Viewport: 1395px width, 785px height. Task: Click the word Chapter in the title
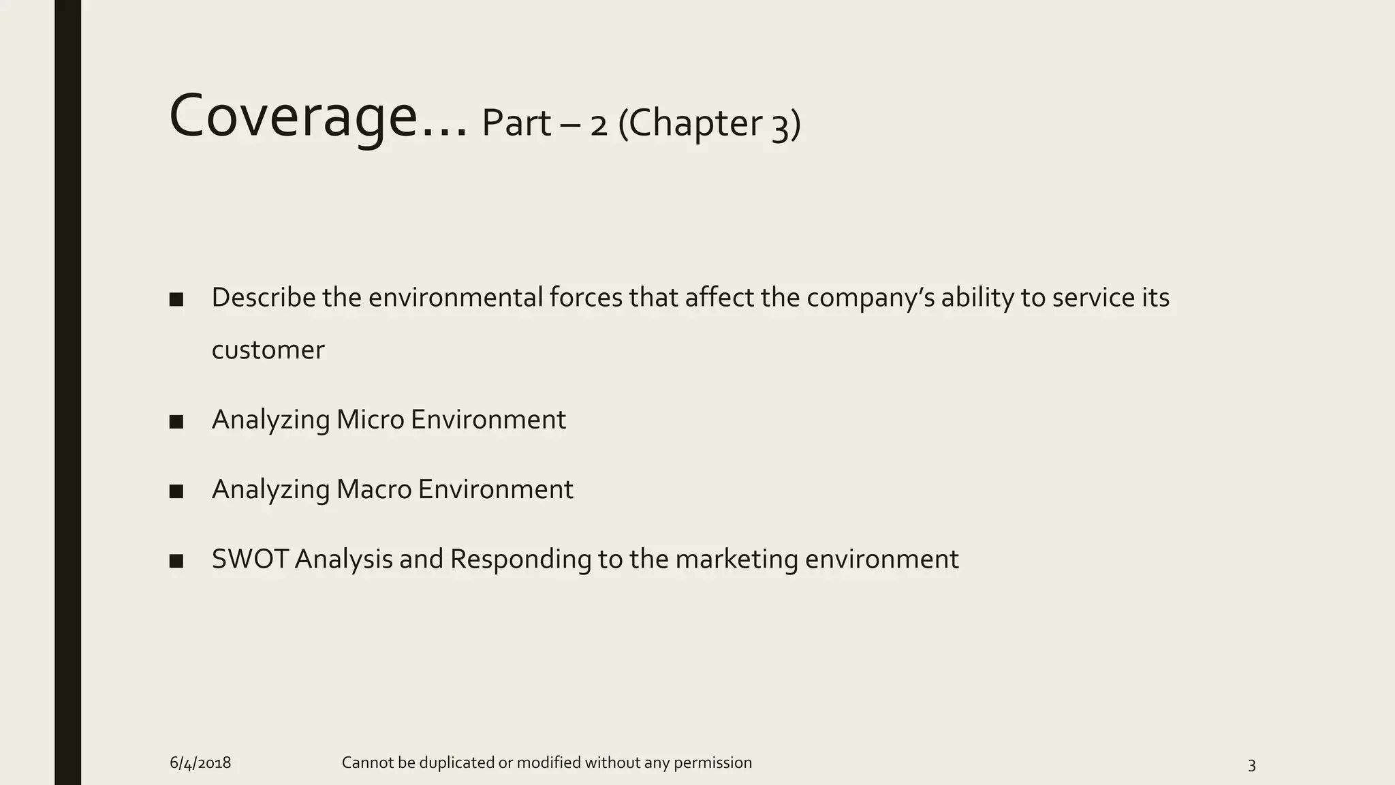(699, 124)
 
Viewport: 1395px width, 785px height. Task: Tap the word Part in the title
(516, 124)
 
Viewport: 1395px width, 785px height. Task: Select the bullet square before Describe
(176, 299)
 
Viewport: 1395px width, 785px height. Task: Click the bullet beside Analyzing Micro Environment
(176, 422)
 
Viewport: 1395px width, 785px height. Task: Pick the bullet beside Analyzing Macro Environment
(176, 491)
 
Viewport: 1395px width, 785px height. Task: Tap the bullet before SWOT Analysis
(176, 561)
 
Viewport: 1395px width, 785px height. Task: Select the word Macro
(374, 489)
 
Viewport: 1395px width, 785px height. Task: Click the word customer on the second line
(268, 350)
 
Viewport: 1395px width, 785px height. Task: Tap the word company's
(870, 298)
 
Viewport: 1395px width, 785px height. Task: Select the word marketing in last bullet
(736, 559)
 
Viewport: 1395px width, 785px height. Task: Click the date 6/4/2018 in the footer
(200, 763)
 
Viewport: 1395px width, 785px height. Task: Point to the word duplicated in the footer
(456, 763)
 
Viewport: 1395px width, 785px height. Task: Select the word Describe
(264, 298)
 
